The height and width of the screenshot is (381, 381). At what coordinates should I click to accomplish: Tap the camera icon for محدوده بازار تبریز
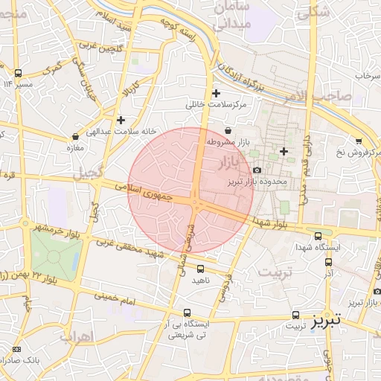point(257,170)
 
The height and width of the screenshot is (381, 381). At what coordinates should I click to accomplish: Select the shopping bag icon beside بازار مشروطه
point(227,131)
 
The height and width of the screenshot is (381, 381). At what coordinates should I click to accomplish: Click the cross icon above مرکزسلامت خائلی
point(216,94)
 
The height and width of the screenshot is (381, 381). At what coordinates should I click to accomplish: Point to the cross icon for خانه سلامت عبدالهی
point(121,119)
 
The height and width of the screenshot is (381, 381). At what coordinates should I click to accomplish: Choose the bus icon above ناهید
point(200,269)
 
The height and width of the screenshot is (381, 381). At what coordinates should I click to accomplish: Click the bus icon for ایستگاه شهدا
point(318,235)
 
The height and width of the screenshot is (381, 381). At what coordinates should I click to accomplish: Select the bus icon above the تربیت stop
point(296,315)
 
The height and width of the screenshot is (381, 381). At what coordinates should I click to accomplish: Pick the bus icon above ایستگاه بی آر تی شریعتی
point(187,313)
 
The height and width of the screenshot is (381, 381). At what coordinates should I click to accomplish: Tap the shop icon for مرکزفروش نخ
point(359,141)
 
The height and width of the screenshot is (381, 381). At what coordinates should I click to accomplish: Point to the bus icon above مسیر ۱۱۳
point(18,73)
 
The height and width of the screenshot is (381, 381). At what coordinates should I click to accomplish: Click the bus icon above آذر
point(328,263)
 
